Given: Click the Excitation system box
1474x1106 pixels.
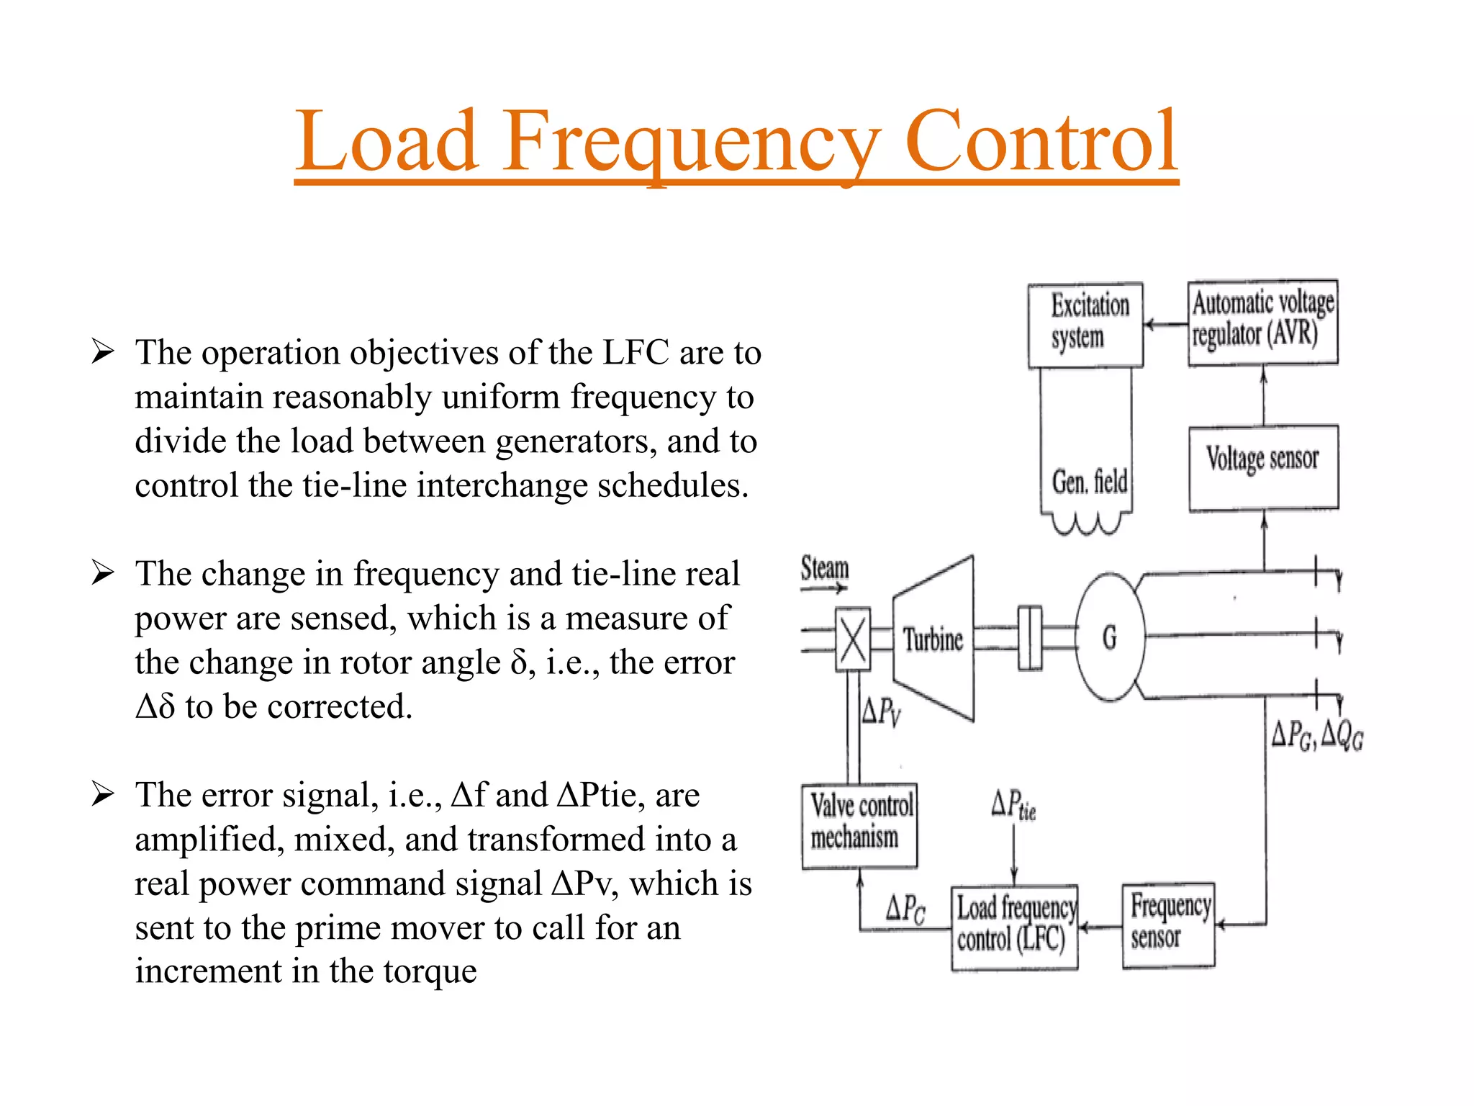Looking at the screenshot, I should click(x=1085, y=324).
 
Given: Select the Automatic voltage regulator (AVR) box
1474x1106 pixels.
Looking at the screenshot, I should click(x=1262, y=323).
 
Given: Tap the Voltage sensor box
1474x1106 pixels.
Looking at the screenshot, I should click(x=1263, y=467).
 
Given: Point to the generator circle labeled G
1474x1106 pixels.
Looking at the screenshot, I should click(x=1109, y=637).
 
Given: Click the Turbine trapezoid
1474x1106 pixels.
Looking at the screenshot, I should click(x=933, y=639).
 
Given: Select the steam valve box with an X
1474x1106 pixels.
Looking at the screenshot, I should click(x=853, y=639).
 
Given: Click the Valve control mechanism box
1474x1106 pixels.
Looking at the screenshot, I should click(x=859, y=825).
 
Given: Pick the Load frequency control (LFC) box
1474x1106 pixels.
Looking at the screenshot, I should click(x=1014, y=927).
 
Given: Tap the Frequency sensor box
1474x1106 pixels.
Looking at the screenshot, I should click(x=1168, y=924).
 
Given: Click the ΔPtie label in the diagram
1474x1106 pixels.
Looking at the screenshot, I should click(x=1013, y=805).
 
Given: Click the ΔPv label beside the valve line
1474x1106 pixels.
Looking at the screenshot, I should click(x=881, y=711).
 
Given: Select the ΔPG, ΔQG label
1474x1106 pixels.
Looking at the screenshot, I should click(x=1316, y=735).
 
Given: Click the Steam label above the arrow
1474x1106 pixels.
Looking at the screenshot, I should click(x=825, y=567).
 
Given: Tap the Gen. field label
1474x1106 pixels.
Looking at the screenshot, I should click(x=1089, y=482).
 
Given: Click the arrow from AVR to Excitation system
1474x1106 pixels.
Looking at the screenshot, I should click(x=1165, y=325).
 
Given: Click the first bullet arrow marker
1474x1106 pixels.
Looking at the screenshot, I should click(x=103, y=353).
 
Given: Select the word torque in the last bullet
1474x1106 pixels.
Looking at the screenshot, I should click(x=430, y=971).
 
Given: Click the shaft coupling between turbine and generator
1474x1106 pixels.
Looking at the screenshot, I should click(x=1030, y=638).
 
